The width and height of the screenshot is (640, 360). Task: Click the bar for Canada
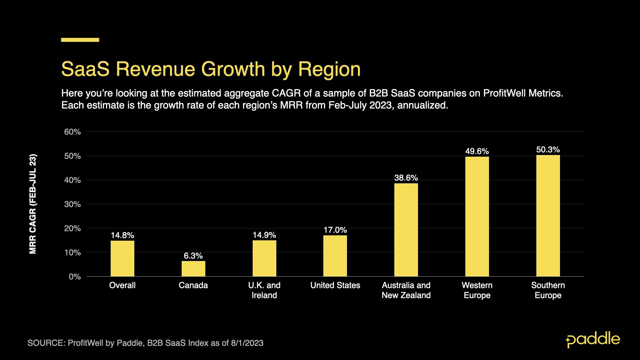193,269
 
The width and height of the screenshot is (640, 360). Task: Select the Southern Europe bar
548,216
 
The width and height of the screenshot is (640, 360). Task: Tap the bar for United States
335,256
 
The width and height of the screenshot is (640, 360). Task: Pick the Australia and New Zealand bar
406,230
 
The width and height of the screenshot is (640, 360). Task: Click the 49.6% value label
477,151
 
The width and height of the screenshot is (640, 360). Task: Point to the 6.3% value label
193,256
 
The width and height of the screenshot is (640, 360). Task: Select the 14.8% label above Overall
122,235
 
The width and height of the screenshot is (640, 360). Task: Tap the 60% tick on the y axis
72,132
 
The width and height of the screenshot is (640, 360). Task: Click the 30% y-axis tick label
72,204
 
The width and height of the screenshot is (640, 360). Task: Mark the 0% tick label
75,277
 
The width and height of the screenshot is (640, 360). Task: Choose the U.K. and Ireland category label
264,290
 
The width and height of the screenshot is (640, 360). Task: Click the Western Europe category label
477,290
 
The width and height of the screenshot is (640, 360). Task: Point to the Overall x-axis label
122,285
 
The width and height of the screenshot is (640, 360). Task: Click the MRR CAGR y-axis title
33,204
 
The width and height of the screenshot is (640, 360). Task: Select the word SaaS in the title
85,69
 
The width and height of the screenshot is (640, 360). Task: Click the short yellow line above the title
80,40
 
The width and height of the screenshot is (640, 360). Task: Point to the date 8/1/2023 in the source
247,343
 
